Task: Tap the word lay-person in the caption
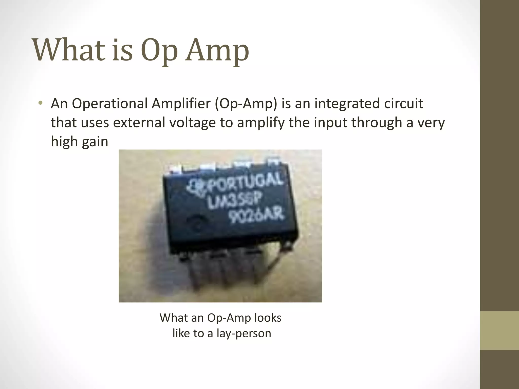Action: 244,333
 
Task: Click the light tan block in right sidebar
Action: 499,331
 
